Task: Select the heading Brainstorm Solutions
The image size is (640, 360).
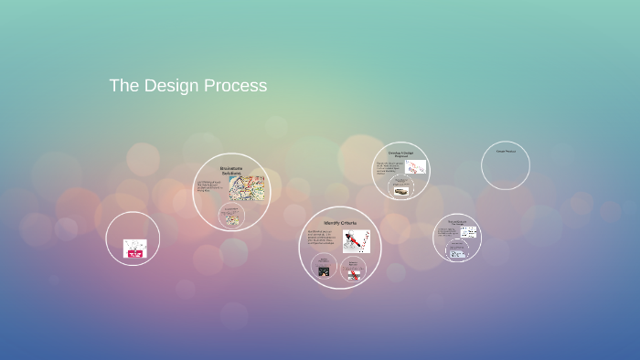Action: tap(232, 170)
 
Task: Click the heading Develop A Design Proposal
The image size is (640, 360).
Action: tap(401, 154)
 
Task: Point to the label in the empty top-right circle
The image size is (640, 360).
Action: tap(506, 151)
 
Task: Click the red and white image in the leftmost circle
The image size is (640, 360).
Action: tap(134, 249)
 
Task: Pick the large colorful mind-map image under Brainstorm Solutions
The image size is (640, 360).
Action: tap(246, 188)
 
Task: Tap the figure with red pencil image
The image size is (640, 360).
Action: tap(357, 241)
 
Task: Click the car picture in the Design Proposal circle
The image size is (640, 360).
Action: tap(401, 191)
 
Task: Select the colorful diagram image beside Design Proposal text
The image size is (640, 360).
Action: tap(416, 167)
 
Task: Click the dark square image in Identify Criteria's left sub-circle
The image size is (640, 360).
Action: tap(323, 270)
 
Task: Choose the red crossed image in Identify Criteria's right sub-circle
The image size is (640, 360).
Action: tap(353, 273)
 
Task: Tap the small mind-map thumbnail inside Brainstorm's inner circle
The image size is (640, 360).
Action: tap(232, 219)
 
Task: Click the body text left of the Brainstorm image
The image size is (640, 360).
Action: tap(210, 187)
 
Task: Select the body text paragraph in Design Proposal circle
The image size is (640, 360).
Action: tap(389, 168)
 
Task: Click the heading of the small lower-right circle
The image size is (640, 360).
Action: tap(457, 222)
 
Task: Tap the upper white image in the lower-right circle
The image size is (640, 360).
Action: tap(468, 232)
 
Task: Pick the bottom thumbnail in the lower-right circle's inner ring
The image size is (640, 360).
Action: tap(457, 253)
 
